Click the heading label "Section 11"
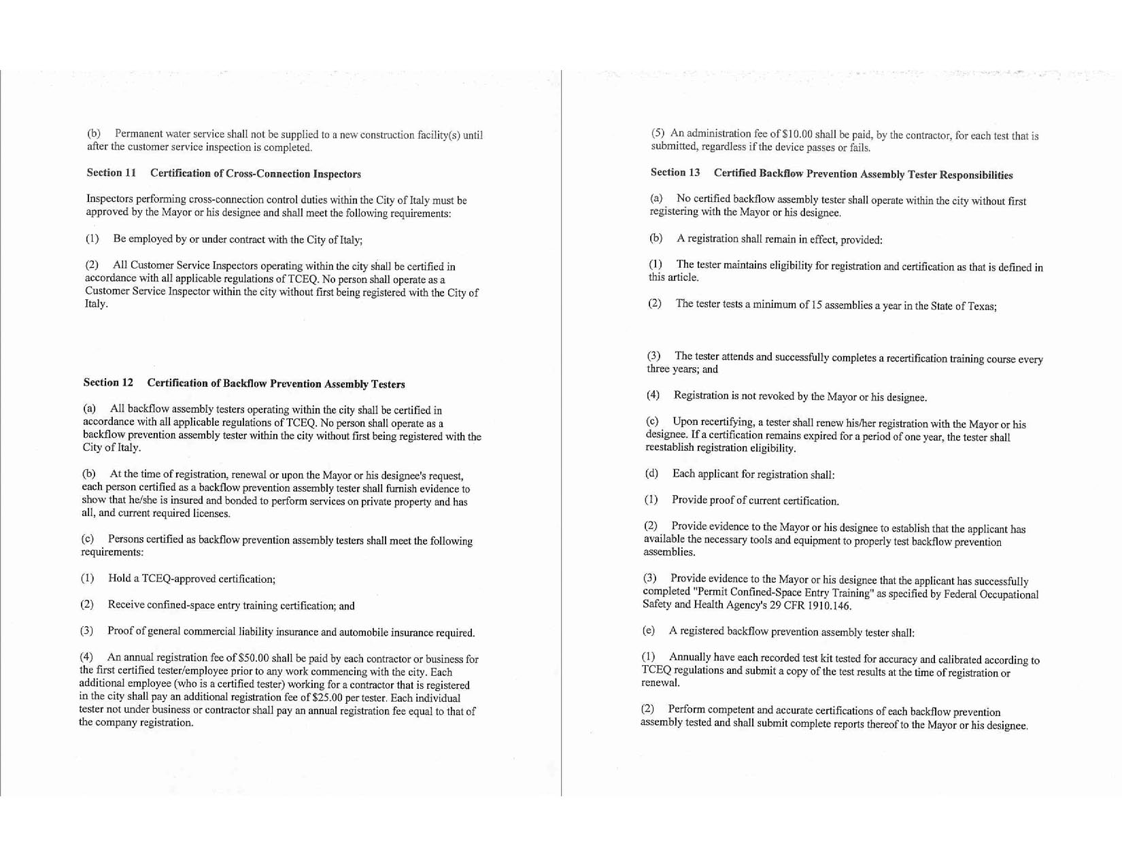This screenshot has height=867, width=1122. point(112,173)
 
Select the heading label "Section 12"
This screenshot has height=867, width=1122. point(108,382)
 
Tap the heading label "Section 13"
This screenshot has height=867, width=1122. point(675,173)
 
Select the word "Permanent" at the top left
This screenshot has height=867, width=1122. point(137,134)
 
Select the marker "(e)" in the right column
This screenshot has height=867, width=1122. point(649,630)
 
